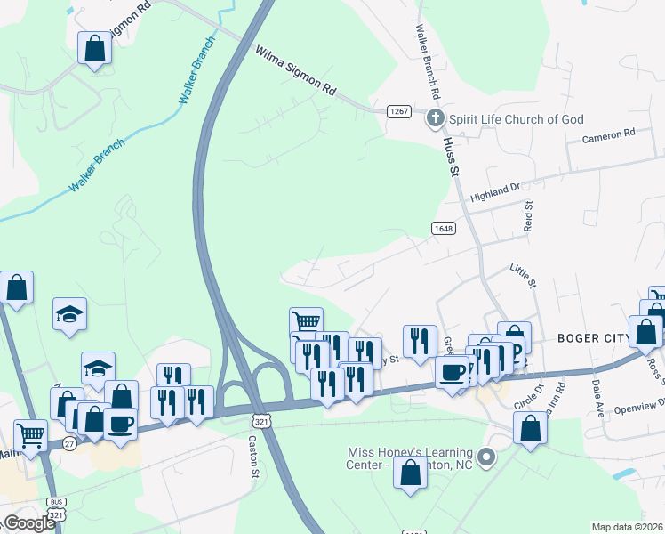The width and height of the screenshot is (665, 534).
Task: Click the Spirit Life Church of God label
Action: pyautogui.click(x=516, y=119)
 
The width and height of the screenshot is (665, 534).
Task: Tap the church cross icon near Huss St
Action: pyautogui.click(x=435, y=118)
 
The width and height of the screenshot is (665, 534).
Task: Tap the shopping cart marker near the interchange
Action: pyautogui.click(x=305, y=321)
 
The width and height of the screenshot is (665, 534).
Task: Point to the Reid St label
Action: pyautogui.click(x=528, y=215)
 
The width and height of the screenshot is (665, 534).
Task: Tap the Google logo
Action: pyautogui.click(x=29, y=523)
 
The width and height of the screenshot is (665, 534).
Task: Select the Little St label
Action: pyautogui.click(x=524, y=274)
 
